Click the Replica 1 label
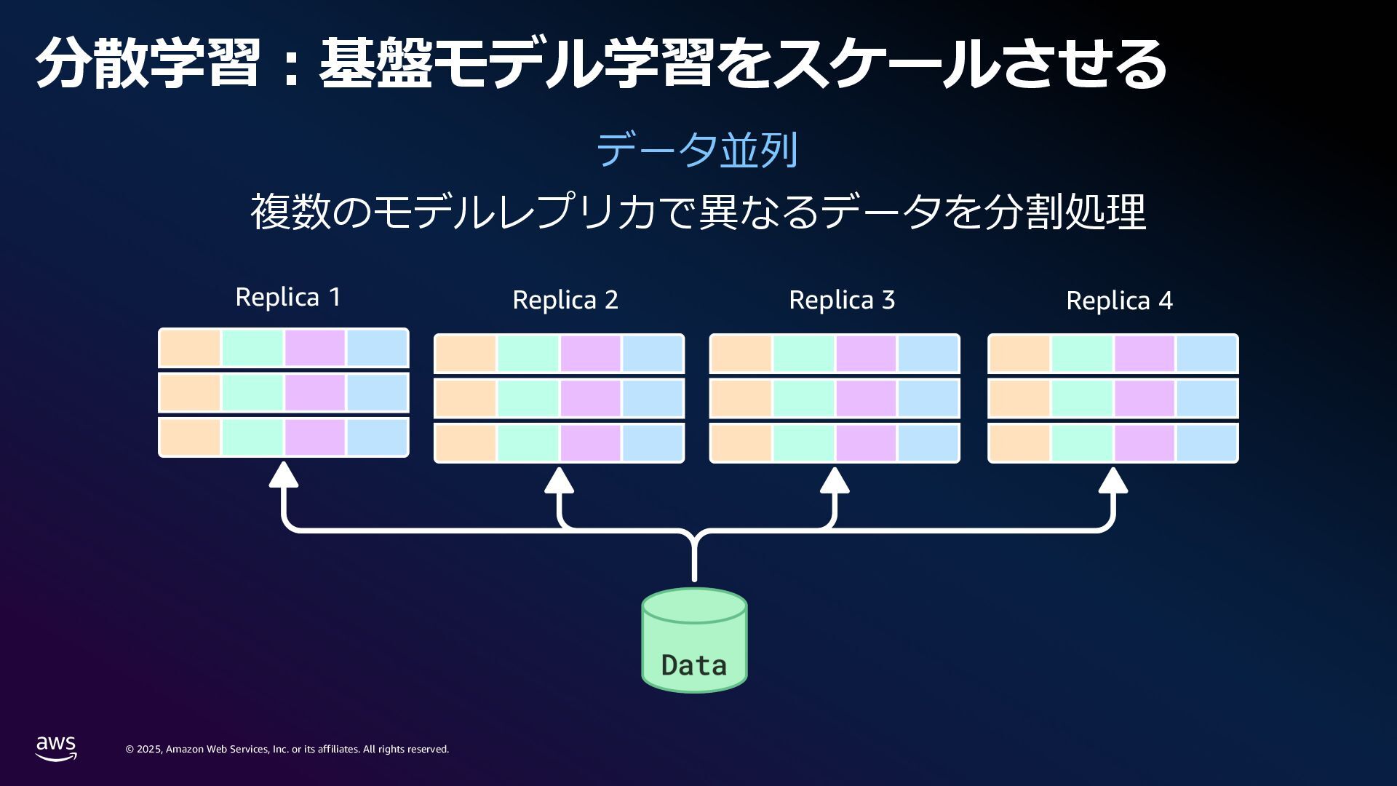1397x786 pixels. click(288, 297)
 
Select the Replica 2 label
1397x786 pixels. click(565, 300)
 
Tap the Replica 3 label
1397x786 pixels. click(842, 300)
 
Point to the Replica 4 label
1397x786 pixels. click(1119, 301)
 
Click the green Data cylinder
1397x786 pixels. click(694, 640)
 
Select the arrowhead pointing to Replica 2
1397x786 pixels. click(559, 480)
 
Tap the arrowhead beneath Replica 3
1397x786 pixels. click(835, 480)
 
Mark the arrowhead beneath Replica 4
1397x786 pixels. click(1113, 480)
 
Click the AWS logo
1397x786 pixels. click(56, 748)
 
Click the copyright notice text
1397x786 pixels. click(287, 749)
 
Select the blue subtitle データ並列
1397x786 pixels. click(697, 150)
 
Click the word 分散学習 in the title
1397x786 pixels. click(148, 63)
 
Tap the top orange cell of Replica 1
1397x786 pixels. click(190, 348)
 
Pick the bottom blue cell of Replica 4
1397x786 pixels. click(1207, 442)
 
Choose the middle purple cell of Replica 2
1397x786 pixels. click(590, 398)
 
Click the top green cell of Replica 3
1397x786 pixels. click(803, 354)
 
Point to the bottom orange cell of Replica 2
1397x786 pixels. click(466, 442)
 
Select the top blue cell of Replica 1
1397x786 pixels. click(377, 348)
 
